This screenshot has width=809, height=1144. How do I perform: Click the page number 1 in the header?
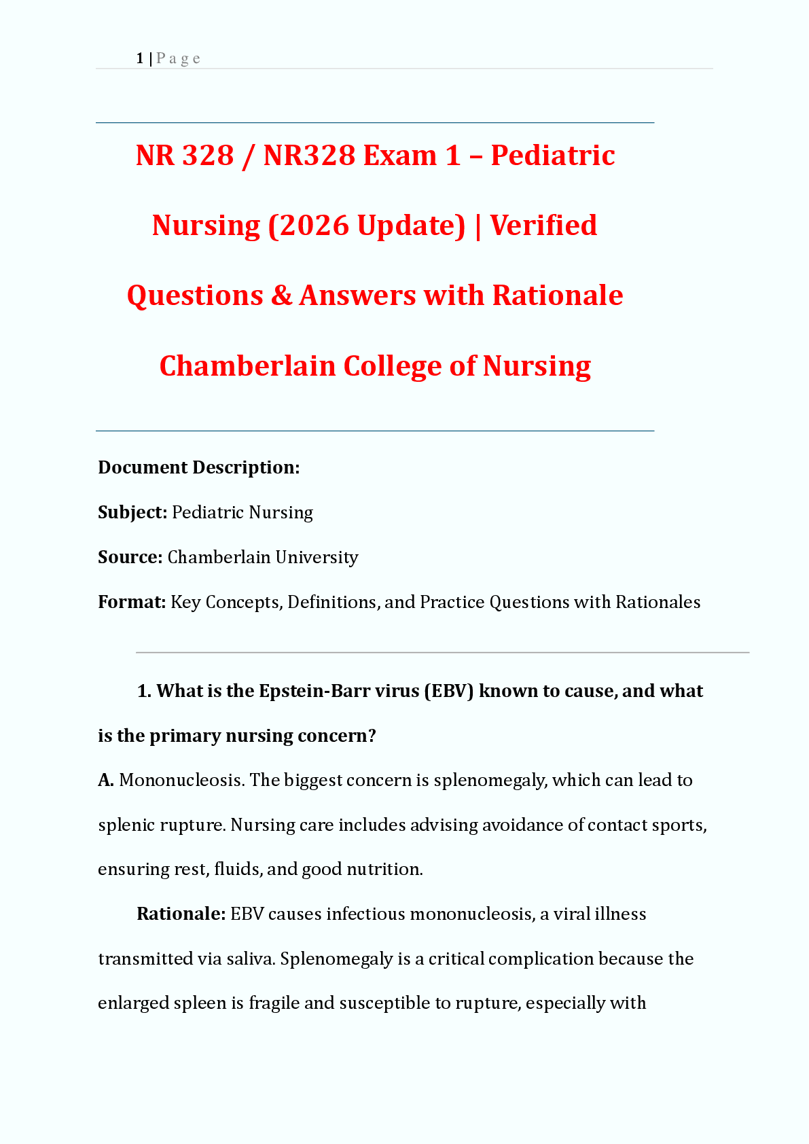click(x=140, y=59)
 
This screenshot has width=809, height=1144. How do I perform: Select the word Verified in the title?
click(x=543, y=226)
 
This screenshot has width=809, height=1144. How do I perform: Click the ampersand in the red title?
click(x=281, y=296)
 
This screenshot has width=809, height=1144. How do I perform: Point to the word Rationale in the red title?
click(x=557, y=296)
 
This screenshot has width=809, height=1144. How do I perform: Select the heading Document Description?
click(x=199, y=467)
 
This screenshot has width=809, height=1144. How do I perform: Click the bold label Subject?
click(x=132, y=512)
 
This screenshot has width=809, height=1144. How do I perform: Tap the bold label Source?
click(x=130, y=557)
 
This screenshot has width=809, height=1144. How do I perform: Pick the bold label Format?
click(x=132, y=602)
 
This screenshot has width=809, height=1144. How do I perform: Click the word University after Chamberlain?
click(x=317, y=557)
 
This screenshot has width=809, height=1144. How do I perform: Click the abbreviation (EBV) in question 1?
click(x=448, y=691)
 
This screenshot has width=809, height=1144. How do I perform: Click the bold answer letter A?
click(x=105, y=781)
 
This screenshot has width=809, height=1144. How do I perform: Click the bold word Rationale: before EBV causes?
click(x=181, y=914)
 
